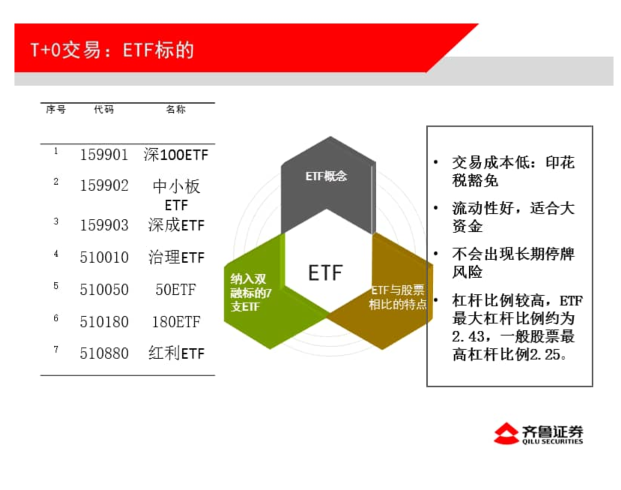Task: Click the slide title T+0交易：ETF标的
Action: pyautogui.click(x=112, y=50)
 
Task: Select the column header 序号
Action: pyautogui.click(x=56, y=109)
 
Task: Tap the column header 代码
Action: pyautogui.click(x=104, y=109)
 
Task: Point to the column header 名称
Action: pyautogui.click(x=176, y=109)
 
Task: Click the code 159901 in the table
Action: pyautogui.click(x=104, y=154)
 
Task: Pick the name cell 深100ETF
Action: pyautogui.click(x=176, y=154)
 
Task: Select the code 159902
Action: pyautogui.click(x=104, y=185)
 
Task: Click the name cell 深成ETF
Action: pyautogui.click(x=176, y=225)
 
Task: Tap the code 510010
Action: pyautogui.click(x=104, y=257)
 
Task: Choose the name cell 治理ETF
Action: pyautogui.click(x=176, y=257)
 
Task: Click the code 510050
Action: pyautogui.click(x=104, y=289)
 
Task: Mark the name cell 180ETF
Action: pyautogui.click(x=176, y=322)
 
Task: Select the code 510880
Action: pyautogui.click(x=104, y=353)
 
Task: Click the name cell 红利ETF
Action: pyautogui.click(x=176, y=353)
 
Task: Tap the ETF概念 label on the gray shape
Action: pyautogui.click(x=326, y=176)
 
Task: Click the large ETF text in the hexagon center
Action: pyautogui.click(x=325, y=272)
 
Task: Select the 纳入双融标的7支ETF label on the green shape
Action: pyautogui.click(x=251, y=293)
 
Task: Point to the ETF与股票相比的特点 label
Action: pyautogui.click(x=398, y=297)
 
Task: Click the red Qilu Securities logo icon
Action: pyautogui.click(x=506, y=433)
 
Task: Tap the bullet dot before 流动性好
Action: pyautogui.click(x=436, y=208)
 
